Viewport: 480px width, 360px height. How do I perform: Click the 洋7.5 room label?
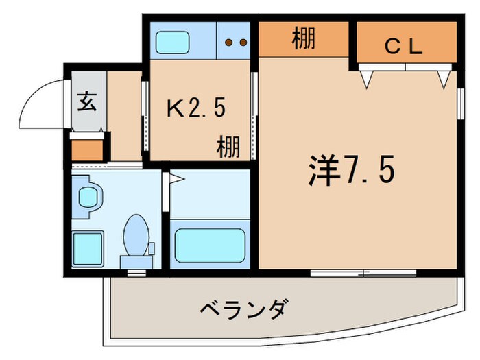pos(349,172)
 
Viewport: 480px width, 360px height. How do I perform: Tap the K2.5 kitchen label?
pos(197,108)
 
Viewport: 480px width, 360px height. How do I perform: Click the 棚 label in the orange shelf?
pos(303,38)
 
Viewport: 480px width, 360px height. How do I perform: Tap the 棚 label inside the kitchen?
pos(229,146)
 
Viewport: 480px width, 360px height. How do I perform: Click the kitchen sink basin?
pos(177,43)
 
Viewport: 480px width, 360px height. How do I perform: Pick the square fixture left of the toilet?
pos(87,248)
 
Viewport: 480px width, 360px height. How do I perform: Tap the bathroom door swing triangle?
pos(176,180)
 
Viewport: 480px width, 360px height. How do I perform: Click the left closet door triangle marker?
pos(368,79)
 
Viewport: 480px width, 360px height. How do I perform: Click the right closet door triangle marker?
pos(443,79)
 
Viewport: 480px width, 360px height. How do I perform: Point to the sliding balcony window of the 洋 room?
pos(363,273)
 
